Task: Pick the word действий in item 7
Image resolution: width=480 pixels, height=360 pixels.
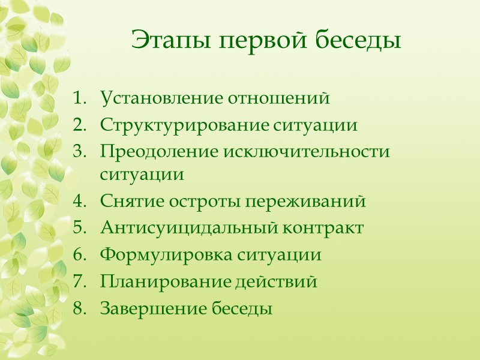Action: [275, 281]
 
